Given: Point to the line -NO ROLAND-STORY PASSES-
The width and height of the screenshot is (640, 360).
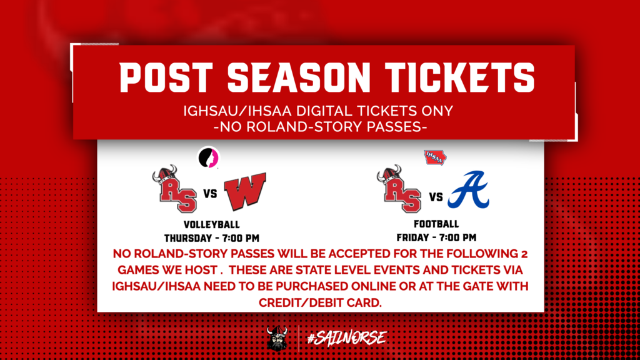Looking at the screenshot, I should (x=320, y=127).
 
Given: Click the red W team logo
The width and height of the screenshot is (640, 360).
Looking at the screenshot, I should (x=245, y=192).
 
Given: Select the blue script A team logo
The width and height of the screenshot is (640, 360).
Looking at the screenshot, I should (x=469, y=190).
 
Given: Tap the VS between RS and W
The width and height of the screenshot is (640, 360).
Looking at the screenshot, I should (x=209, y=194).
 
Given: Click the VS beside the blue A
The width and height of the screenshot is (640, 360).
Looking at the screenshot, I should (x=436, y=198).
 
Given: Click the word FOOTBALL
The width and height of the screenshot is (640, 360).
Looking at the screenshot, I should (x=436, y=224).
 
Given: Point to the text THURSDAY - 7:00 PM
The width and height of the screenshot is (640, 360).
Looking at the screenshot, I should (x=212, y=237).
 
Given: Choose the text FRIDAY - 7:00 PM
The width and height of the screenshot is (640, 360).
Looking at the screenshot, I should (x=436, y=237).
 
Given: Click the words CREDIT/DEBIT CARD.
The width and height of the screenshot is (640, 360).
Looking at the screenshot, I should (x=320, y=302).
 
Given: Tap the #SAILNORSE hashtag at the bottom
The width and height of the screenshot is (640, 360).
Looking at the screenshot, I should (x=347, y=338).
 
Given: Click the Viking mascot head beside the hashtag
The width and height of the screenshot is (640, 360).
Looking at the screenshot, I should (x=277, y=338).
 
